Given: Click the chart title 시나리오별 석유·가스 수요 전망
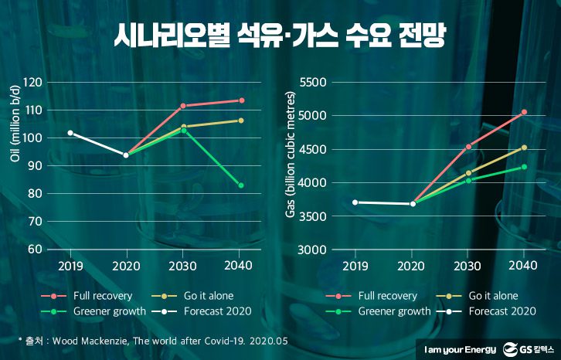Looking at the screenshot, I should [280, 36].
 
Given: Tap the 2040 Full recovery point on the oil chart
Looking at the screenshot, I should [241, 100].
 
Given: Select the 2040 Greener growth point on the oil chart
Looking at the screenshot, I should [241, 185].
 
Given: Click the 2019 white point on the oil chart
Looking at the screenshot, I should [70, 133].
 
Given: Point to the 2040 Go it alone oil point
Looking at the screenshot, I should [241, 121].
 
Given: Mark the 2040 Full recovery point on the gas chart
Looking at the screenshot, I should [524, 112].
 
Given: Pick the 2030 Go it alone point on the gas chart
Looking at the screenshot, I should [468, 173].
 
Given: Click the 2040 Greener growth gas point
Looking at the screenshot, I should [524, 167].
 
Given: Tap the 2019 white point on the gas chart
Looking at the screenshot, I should [355, 202].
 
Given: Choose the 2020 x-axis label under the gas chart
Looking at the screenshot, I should [412, 265].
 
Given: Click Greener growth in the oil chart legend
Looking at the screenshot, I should [109, 311].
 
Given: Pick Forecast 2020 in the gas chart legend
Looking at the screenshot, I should [501, 311].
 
